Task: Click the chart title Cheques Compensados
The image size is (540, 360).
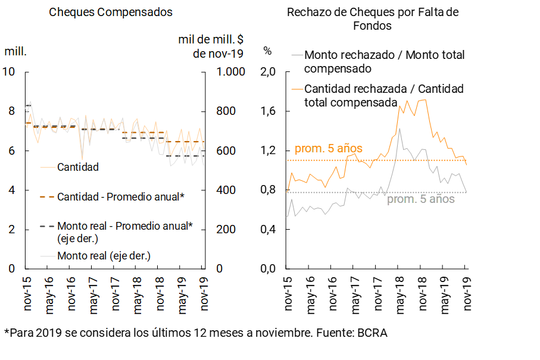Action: [x=111, y=12]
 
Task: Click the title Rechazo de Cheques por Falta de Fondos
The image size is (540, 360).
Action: [x=373, y=18]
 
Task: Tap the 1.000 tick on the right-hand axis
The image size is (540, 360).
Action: [x=226, y=72]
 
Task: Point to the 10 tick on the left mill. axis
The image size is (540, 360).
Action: [x=9, y=72]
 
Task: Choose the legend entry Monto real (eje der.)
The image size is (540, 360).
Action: [x=104, y=256]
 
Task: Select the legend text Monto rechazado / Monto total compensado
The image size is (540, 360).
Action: [x=384, y=61]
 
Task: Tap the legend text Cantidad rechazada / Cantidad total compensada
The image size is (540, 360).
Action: [x=383, y=95]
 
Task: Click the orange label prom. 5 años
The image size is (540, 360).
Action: [x=328, y=149]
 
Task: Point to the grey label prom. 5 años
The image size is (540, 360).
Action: [x=420, y=199]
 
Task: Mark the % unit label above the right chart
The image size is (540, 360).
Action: [x=267, y=51]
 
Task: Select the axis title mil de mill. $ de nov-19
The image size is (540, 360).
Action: [x=211, y=46]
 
